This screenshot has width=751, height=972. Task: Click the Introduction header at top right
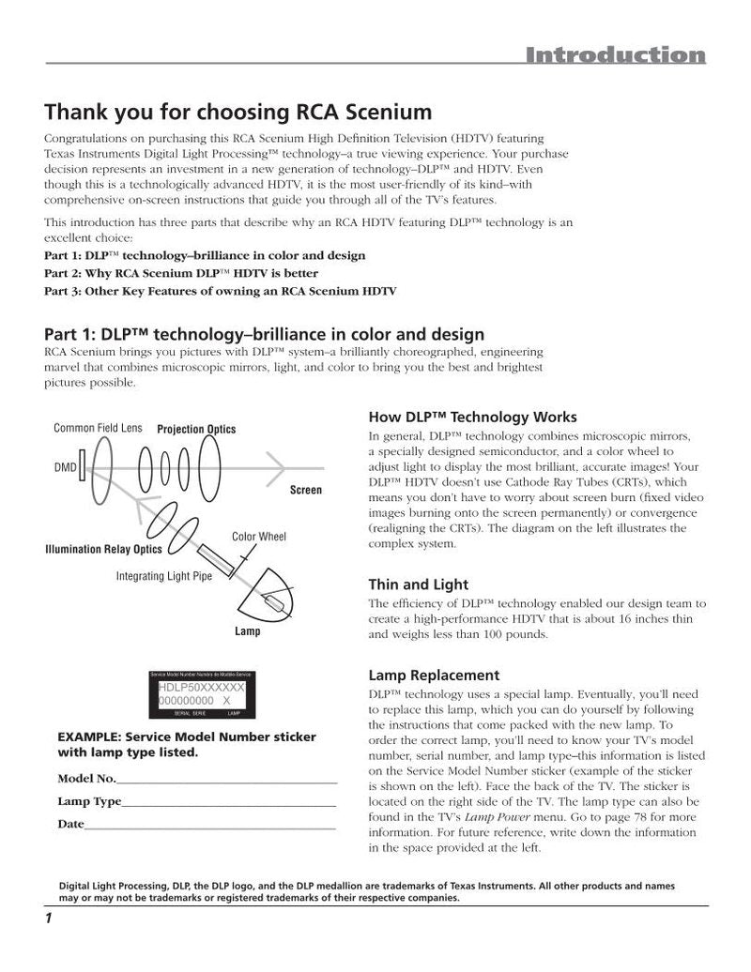[x=614, y=55]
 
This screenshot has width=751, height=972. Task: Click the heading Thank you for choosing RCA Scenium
[x=238, y=113]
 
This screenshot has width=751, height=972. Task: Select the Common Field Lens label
[x=98, y=428]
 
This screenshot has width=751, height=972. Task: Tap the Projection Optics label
[x=196, y=429]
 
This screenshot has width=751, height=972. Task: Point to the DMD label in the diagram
[x=65, y=467]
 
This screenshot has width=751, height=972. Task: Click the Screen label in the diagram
[x=305, y=490]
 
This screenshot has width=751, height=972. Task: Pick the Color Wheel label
[x=259, y=537]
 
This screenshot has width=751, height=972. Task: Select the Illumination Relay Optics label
[x=103, y=549]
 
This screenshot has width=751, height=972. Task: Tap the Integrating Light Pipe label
[x=164, y=576]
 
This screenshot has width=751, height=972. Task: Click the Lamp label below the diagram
[x=247, y=631]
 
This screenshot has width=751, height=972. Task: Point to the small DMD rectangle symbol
[x=83, y=465]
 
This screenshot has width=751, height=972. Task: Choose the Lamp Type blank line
[x=229, y=804]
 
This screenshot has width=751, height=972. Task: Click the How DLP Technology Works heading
[x=472, y=417]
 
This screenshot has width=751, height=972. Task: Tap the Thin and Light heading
[x=418, y=585]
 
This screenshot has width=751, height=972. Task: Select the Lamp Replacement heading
[x=434, y=675]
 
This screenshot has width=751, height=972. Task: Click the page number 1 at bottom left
[x=47, y=918]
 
